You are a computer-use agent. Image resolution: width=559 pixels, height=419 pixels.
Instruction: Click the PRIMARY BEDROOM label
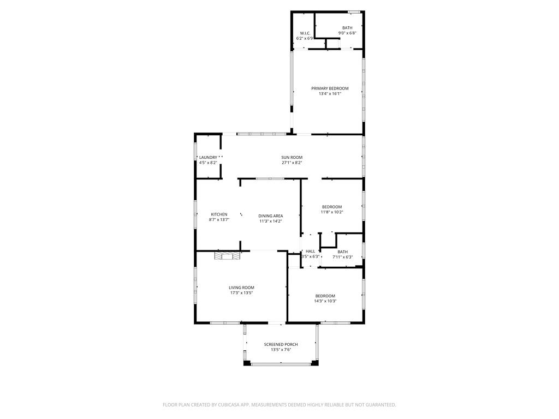click(x=330, y=88)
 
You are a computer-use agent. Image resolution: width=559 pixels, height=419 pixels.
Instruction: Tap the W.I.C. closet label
click(x=305, y=33)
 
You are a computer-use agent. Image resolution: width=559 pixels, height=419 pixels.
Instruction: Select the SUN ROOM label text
click(x=292, y=158)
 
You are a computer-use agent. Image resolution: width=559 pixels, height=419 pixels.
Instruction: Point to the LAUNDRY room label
click(x=208, y=158)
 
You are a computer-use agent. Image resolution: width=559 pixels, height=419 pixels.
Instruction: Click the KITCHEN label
click(x=219, y=214)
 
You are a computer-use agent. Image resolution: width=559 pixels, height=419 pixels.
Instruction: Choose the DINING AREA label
click(x=271, y=216)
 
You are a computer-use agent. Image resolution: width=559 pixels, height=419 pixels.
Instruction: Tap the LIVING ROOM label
click(x=241, y=288)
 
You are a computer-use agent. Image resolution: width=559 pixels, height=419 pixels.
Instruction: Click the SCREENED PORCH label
click(x=281, y=344)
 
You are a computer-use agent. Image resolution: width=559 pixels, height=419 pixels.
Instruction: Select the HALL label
click(x=310, y=252)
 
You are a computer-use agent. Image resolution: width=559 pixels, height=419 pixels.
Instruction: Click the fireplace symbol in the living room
click(x=227, y=255)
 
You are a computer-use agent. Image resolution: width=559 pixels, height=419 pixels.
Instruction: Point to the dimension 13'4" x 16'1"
click(x=330, y=94)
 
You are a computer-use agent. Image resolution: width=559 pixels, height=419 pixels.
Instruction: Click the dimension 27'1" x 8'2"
click(x=292, y=163)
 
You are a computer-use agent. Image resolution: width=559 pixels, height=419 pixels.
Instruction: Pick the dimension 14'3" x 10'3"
click(x=325, y=301)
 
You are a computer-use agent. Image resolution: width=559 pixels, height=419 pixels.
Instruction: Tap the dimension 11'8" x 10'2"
click(x=332, y=212)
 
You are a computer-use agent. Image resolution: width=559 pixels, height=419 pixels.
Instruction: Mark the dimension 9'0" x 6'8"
click(x=347, y=33)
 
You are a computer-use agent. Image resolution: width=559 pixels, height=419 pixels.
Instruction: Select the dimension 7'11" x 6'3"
click(x=342, y=257)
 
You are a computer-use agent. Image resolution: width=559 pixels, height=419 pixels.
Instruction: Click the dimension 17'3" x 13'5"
click(x=241, y=293)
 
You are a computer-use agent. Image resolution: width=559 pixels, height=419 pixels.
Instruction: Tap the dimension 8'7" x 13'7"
click(x=219, y=220)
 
